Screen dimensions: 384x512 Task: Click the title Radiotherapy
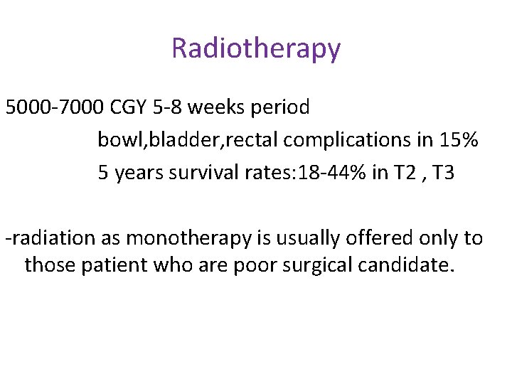tap(256, 49)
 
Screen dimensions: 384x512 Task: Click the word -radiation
tap(45, 238)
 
